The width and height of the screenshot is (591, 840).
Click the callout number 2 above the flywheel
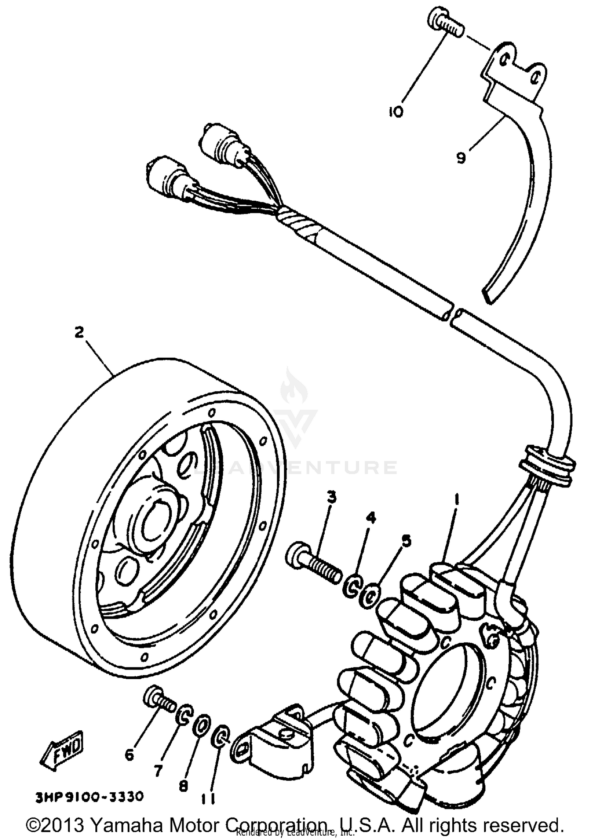pos(79,332)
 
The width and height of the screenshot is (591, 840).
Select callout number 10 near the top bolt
pos(396,112)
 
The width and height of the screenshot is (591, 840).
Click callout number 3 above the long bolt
pos(332,498)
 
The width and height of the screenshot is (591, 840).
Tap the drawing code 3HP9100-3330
pos(89,797)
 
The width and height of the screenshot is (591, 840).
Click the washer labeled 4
pos(351,588)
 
